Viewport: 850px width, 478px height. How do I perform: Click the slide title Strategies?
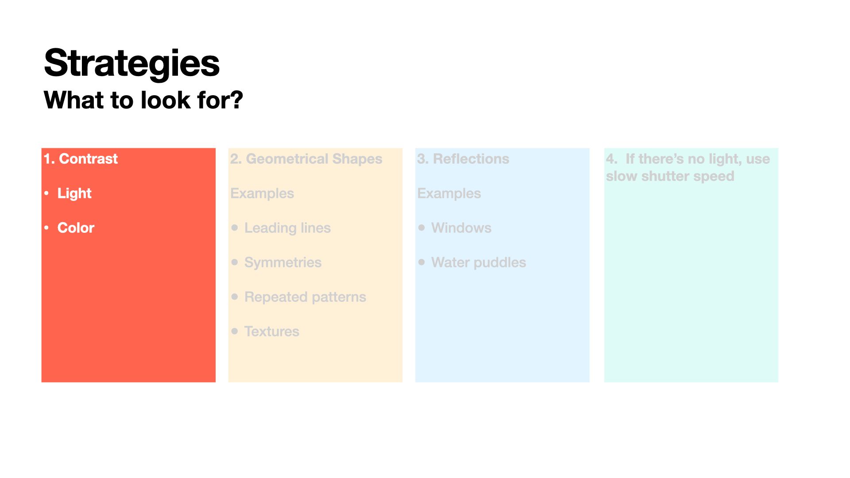[x=132, y=63]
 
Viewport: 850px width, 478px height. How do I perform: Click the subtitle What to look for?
[x=143, y=100]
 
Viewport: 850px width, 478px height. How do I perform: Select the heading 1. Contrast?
[x=81, y=158]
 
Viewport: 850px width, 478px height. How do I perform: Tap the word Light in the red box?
[x=74, y=193]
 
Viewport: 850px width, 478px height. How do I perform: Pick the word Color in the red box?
[x=76, y=227]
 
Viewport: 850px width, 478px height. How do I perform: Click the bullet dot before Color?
[x=46, y=227]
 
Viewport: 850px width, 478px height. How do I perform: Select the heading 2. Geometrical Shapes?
[x=306, y=159]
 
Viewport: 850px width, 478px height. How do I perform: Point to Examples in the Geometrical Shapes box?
[x=262, y=193]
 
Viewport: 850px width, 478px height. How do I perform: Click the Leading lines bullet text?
[x=287, y=228]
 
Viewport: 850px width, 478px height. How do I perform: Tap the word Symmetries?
[x=283, y=262]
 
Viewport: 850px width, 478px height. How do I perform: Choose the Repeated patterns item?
[x=305, y=297]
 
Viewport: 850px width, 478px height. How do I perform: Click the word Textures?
[x=272, y=332]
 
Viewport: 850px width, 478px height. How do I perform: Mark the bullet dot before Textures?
[x=235, y=331]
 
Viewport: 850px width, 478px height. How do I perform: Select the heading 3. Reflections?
[x=463, y=159]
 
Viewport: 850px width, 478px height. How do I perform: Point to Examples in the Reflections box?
[x=449, y=193]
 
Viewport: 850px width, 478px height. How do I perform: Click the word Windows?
[x=461, y=228]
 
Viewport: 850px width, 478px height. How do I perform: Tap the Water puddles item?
[x=479, y=262]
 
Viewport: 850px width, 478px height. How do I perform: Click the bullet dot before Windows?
[x=421, y=227]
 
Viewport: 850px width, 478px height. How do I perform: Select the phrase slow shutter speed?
[x=670, y=176]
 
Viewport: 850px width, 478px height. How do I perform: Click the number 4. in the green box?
[x=611, y=159]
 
